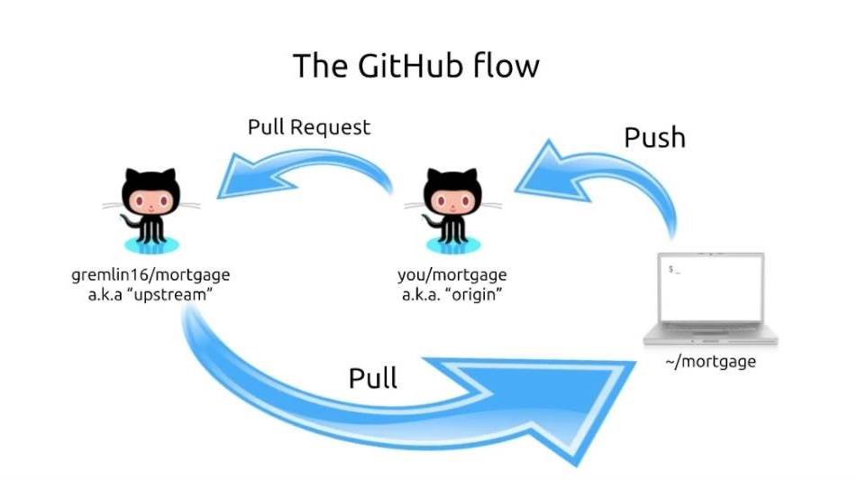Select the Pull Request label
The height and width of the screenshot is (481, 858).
click(309, 127)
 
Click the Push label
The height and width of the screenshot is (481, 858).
click(655, 137)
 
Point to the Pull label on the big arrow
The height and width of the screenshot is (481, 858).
click(373, 377)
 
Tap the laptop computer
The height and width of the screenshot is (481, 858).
click(713, 302)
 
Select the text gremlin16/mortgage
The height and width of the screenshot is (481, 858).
click(151, 274)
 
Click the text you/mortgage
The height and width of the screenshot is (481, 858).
click(452, 274)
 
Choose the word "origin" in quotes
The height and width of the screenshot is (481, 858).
click(479, 294)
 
